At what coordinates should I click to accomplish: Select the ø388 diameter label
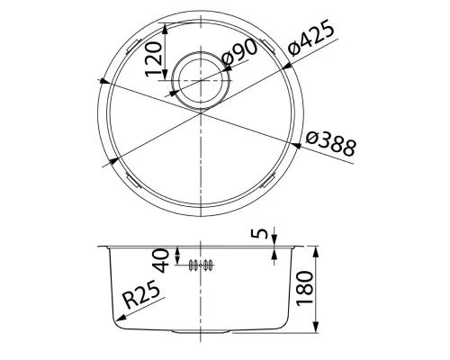pos(330,145)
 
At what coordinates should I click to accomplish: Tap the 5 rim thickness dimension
pos(261,236)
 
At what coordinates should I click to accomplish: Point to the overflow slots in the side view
pos(201,265)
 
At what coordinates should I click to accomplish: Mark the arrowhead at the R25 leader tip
pos(114,320)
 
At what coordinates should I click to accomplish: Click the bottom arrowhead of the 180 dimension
pos(317,330)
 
